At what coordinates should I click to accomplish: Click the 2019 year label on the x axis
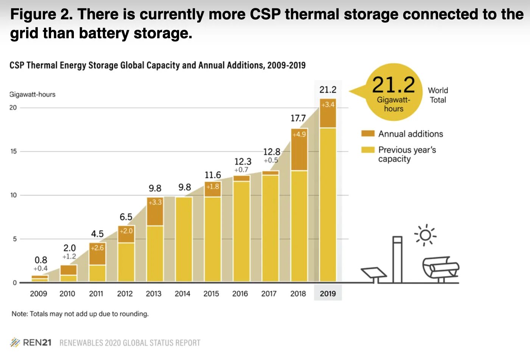[328, 293]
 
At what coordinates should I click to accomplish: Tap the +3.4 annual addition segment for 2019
[328, 113]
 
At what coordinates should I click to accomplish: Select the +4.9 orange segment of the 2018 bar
[299, 150]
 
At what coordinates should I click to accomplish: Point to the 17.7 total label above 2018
[298, 118]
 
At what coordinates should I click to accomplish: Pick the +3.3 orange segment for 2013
[155, 212]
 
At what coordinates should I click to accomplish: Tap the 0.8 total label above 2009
[41, 260]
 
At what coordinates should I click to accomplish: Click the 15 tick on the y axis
[14, 151]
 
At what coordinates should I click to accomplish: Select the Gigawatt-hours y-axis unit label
[33, 94]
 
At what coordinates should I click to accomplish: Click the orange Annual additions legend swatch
[368, 134]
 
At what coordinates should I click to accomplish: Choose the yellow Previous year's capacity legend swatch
[368, 150]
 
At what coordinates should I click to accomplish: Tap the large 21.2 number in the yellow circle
[394, 85]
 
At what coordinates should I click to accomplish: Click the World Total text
[438, 95]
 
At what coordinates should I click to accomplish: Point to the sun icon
[425, 235]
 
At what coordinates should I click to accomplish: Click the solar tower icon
[397, 259]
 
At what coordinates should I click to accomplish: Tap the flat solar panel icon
[374, 273]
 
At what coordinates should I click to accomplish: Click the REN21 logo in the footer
[31, 343]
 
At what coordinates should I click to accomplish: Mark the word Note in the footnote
[19, 314]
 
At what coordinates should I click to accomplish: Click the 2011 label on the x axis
[96, 293]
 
